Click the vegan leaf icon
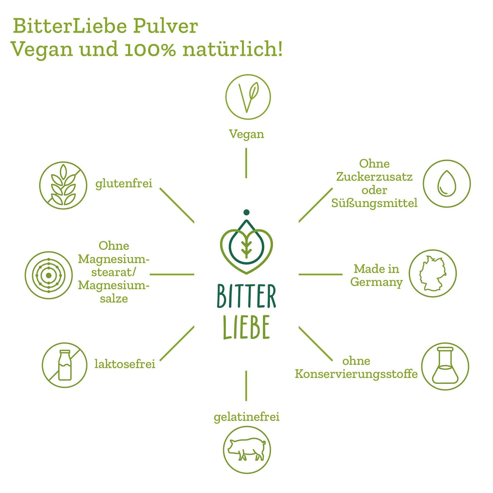248,97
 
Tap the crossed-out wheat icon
63,185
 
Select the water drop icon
446,183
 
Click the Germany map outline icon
433,273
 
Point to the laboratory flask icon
445,366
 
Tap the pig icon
246,450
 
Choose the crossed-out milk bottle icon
65,365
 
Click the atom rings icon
49,275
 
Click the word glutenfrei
124,184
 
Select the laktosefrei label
125,364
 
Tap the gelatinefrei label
246,417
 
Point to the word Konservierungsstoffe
356,374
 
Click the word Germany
376,282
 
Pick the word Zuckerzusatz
374,177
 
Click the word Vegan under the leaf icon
246,134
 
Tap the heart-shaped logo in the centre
246,246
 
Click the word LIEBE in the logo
246,327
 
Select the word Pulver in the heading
165,26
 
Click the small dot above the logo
246,212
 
